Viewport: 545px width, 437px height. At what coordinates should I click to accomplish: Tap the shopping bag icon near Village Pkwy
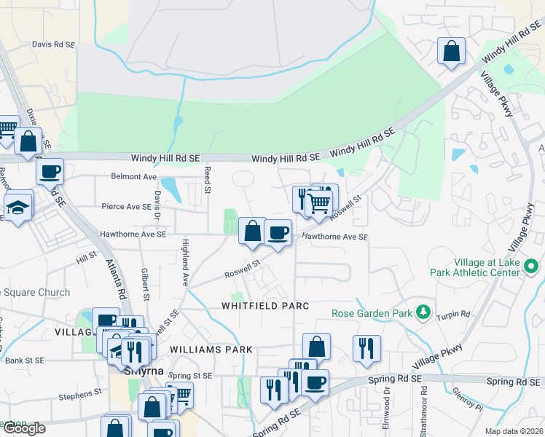451,51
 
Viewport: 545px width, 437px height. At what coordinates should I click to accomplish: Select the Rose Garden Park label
372,314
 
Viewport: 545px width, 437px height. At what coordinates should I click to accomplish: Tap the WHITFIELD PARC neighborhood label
266,306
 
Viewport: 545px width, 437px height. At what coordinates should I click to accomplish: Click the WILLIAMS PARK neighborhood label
211,350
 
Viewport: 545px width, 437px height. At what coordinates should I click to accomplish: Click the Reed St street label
207,179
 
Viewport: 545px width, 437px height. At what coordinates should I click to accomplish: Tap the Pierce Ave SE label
127,207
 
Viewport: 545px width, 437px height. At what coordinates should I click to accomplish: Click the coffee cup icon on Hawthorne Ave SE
278,233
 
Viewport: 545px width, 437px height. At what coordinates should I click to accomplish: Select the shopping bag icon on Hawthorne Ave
251,232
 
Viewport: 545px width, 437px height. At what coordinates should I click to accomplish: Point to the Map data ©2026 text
514,431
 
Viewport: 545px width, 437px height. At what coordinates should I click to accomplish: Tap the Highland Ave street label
186,262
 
